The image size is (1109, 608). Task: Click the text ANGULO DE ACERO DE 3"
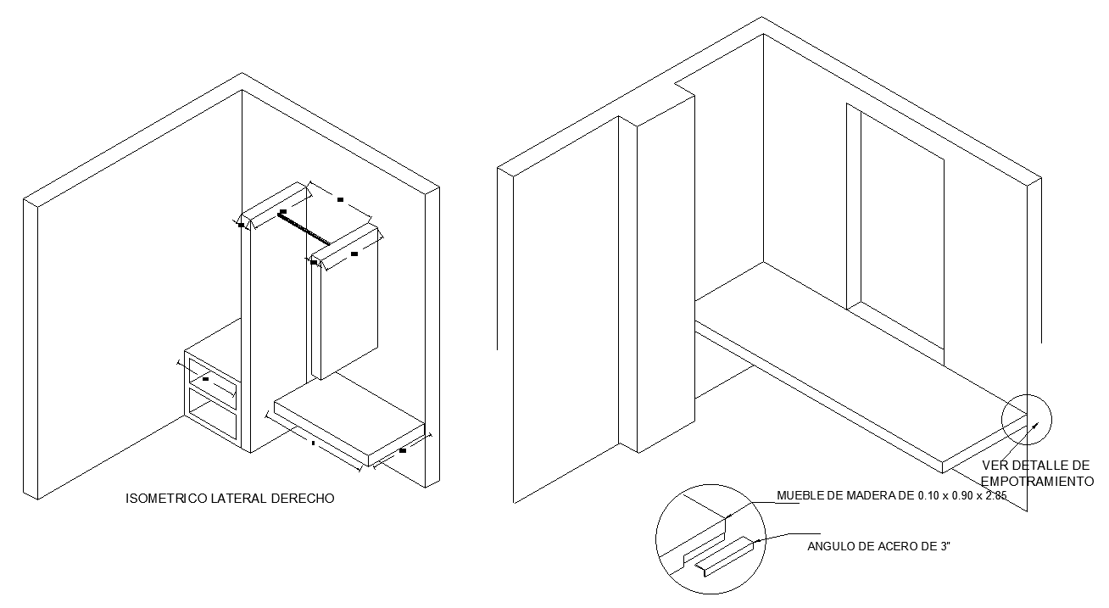click(878, 547)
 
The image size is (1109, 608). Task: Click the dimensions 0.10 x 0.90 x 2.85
click(961, 496)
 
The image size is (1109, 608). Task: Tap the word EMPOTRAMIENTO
click(1038, 481)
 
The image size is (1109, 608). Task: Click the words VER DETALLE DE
click(1035, 466)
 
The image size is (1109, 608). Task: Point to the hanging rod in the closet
click(304, 227)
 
